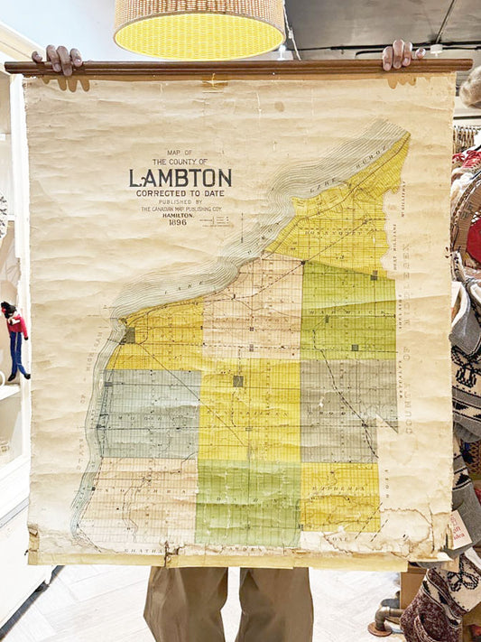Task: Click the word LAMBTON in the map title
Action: point(180,178)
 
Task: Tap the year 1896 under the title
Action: point(179,221)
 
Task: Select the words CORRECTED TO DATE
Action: point(180,193)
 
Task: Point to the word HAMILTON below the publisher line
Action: point(179,214)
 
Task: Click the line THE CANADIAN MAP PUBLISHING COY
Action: point(180,208)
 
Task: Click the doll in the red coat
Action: point(17,335)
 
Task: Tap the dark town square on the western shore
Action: point(129,335)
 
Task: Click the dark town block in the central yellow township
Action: point(237,381)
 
